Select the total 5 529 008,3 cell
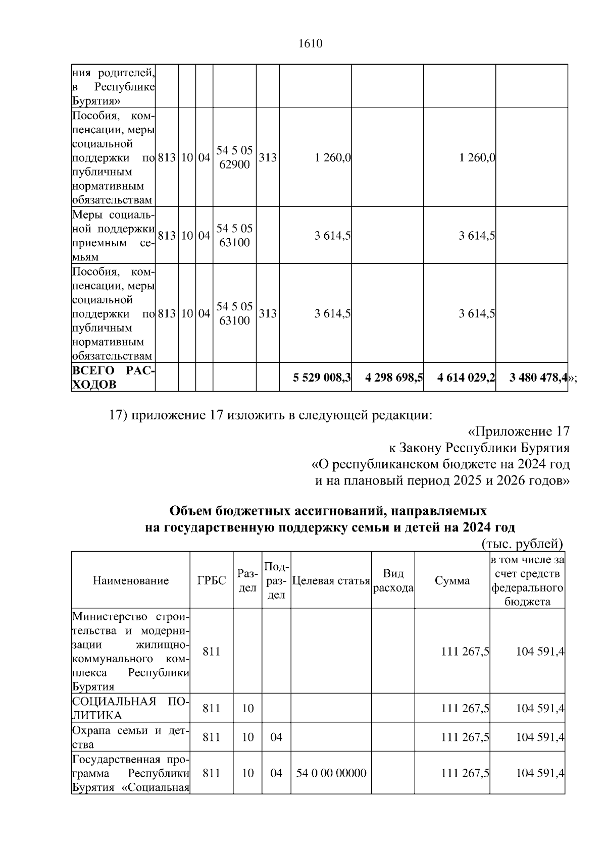pos(322,377)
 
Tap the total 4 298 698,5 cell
pos(394,377)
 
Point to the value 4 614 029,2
pos(466,377)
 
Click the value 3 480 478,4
pos(538,377)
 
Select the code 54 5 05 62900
pos(234,157)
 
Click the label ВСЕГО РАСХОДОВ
pos(113,378)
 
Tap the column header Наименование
pos(131,580)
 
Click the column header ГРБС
pos(211,580)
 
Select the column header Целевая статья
pos(331,580)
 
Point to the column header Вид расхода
pos(393,580)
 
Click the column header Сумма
pos(452,580)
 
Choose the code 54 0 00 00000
pos(331,773)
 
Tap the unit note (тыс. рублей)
pos(522,544)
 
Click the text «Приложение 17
pos(519,432)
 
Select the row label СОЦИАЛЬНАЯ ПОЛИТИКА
pos(130,708)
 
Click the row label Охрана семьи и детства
pos(130,737)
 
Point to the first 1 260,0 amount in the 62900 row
pos(332,157)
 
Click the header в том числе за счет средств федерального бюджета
pos(527,580)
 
